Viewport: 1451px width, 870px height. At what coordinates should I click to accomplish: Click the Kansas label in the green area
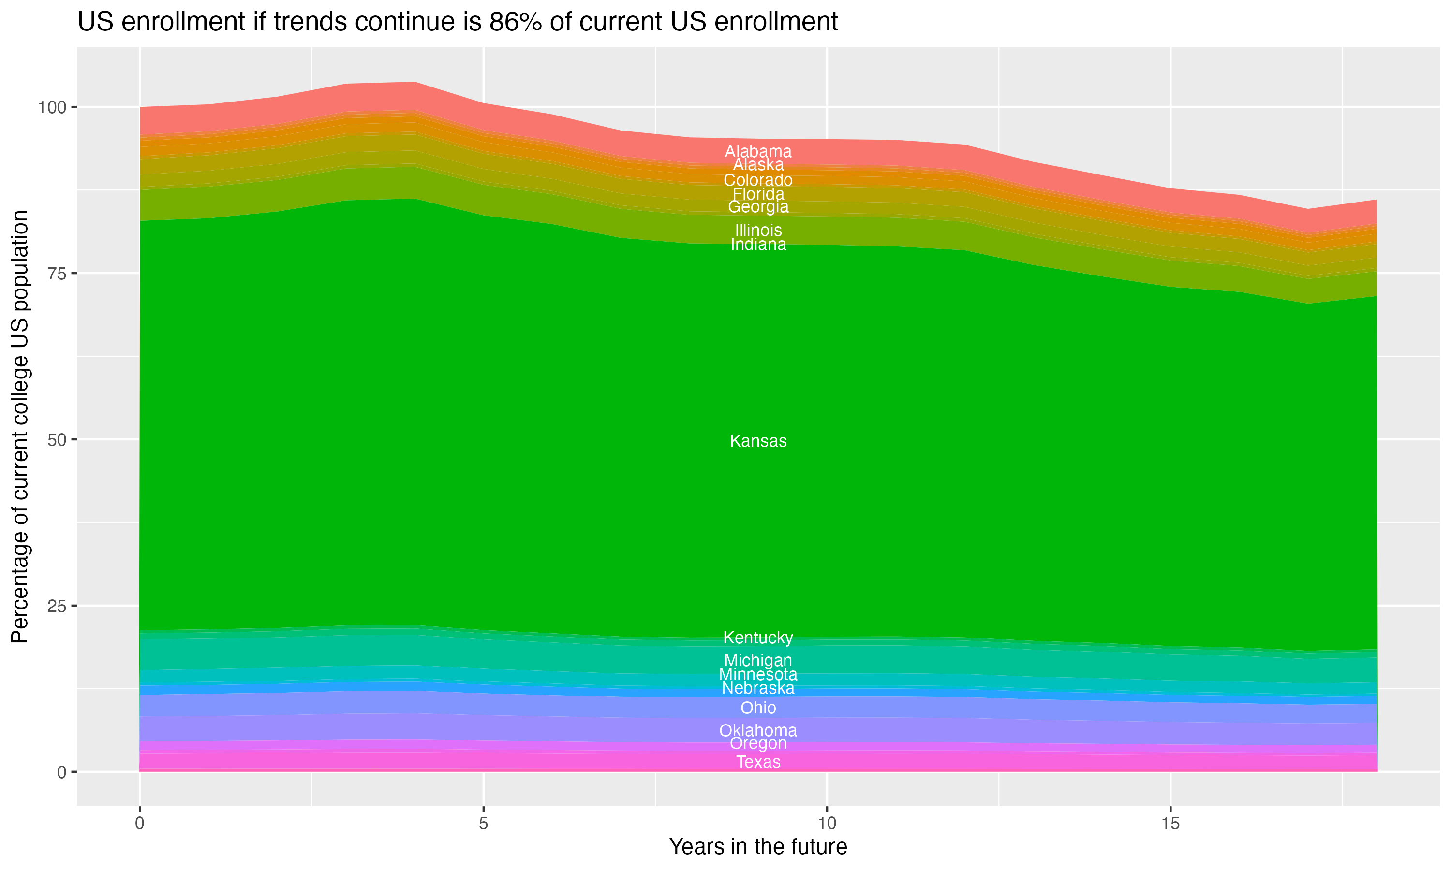(758, 441)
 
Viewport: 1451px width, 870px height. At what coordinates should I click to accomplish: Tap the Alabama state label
(758, 151)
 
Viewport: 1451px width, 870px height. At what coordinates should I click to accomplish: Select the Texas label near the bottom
(758, 762)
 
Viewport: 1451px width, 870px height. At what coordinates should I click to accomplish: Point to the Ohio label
(758, 708)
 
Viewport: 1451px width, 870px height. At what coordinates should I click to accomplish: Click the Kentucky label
(758, 637)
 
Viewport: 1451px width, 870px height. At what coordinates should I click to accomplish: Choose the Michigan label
(758, 660)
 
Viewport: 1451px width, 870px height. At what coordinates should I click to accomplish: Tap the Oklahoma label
(758, 730)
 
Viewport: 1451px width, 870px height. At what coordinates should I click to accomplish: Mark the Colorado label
(758, 180)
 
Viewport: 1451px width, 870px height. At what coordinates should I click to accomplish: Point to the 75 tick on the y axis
(55, 273)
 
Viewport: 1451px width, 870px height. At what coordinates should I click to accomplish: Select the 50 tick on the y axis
(55, 440)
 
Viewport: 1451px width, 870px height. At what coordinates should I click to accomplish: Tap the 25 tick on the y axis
(55, 606)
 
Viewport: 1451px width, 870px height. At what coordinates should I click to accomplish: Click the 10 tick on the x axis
(827, 824)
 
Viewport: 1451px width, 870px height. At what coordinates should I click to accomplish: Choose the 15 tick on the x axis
(1170, 824)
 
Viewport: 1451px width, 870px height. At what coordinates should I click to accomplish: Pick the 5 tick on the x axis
(483, 824)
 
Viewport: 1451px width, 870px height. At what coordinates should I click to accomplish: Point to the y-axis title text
(20, 426)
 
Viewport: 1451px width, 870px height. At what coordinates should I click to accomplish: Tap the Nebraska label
(758, 688)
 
